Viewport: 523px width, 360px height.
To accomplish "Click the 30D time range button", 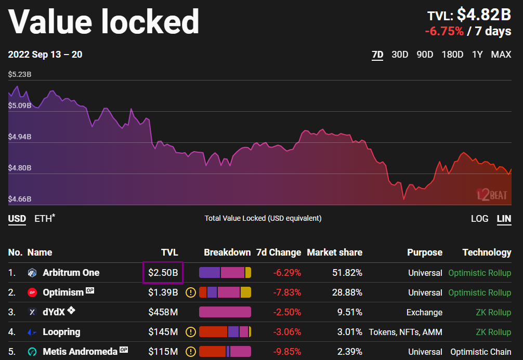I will (x=400, y=55).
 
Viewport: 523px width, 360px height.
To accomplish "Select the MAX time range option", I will (x=501, y=55).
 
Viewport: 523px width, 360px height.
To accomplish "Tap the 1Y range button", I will (x=477, y=55).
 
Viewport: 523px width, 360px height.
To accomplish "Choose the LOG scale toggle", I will (x=479, y=219).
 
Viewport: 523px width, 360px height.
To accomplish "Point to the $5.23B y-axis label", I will (x=20, y=75).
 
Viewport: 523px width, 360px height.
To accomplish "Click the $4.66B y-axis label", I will (x=20, y=199).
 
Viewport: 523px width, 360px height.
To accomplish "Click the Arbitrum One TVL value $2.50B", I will (x=163, y=273).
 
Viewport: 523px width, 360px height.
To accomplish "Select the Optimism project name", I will (x=63, y=292).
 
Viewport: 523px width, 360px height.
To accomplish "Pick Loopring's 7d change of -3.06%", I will (x=287, y=332).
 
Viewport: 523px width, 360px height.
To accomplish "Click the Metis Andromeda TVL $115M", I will (x=163, y=352).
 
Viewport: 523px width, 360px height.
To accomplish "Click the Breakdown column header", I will (x=227, y=252).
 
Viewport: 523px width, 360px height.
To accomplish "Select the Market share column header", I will (x=334, y=252).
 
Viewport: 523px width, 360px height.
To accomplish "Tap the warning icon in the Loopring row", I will (x=191, y=332).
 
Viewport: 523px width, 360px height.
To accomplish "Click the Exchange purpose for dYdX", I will (x=424, y=312).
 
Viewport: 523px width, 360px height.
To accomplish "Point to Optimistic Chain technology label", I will (x=480, y=352).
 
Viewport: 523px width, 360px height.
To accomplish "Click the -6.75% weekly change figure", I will (x=444, y=31).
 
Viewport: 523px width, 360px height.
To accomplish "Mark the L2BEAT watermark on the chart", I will (x=492, y=194).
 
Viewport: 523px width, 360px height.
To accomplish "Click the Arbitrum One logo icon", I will (x=32, y=273).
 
